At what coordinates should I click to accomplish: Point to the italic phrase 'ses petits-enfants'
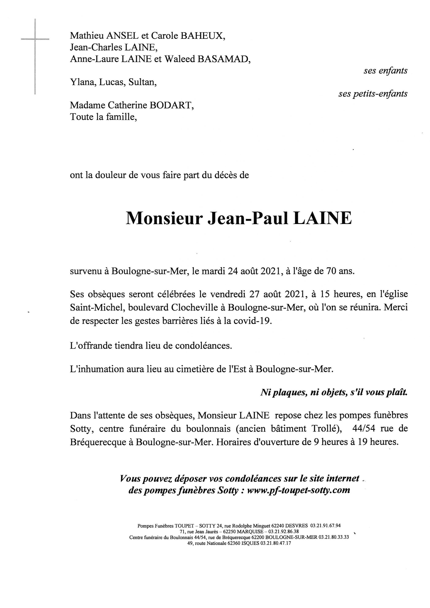(x=373, y=94)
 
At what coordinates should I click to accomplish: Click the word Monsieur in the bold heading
(x=164, y=218)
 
